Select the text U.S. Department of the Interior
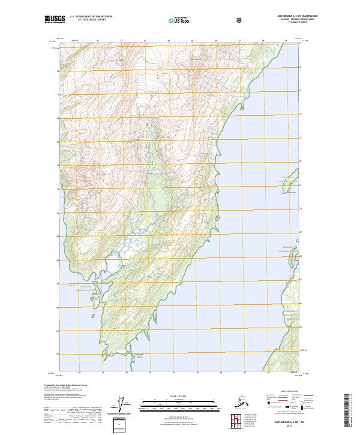coord(91,17)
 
